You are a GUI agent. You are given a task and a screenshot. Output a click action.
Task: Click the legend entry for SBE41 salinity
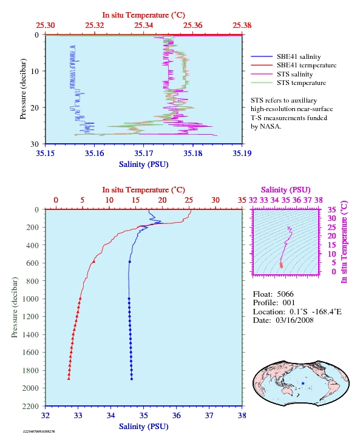point(299,57)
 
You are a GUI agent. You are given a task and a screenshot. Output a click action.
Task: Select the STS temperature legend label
point(301,83)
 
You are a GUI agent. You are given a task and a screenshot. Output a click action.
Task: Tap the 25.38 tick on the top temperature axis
point(242,25)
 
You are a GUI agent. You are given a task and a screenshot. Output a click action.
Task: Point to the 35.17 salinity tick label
point(143,153)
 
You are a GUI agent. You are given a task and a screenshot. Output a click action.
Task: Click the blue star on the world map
point(303,384)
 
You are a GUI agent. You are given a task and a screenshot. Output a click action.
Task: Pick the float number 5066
point(285,294)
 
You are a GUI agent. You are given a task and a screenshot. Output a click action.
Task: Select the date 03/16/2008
point(294,320)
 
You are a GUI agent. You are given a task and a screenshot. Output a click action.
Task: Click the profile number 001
point(289,303)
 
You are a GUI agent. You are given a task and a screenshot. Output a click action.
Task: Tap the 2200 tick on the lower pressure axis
point(30,406)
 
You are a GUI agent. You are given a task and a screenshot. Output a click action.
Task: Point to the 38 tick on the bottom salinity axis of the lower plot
point(242,415)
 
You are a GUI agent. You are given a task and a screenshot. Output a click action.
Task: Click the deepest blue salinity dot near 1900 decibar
point(132,379)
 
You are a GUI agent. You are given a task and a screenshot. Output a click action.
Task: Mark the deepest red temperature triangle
point(69,379)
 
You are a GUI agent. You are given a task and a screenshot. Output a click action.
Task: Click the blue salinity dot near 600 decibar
point(130,262)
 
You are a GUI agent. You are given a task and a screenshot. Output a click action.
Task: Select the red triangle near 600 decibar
point(94,262)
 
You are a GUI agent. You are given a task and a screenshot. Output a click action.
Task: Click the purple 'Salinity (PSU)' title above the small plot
point(286,189)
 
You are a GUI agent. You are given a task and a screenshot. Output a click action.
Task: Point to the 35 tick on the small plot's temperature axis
point(331,209)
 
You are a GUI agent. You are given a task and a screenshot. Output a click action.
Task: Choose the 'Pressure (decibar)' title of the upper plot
point(23,89)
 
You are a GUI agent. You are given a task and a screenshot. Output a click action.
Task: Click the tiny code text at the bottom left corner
point(39,431)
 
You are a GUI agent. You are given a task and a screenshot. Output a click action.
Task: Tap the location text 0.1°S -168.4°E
point(316,312)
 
